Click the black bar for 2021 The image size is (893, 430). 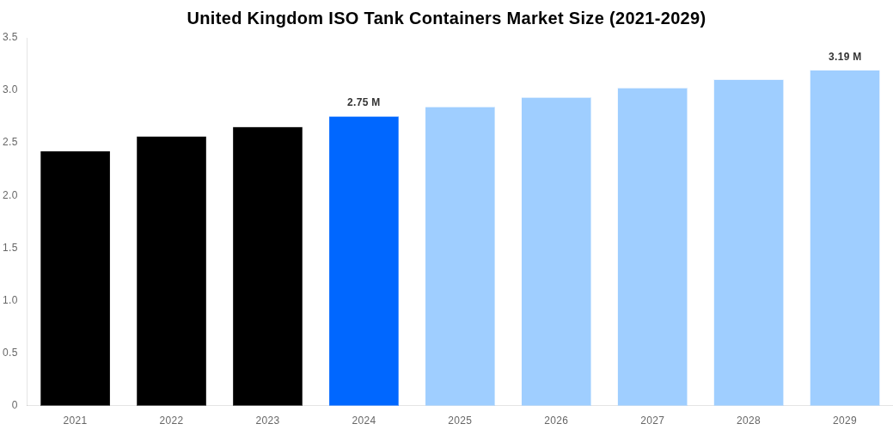pos(75,278)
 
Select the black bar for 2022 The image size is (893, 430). pos(171,271)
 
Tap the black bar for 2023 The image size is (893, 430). pos(267,266)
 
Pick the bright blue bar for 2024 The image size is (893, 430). pos(364,261)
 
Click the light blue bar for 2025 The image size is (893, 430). pos(460,256)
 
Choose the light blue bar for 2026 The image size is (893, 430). pos(556,251)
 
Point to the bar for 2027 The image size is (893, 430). pos(652,247)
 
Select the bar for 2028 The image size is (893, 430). pos(749,243)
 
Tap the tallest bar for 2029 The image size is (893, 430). pos(845,237)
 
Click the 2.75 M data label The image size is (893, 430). pos(364,102)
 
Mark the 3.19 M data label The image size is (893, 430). pos(845,57)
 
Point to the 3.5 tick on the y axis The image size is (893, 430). pos(10,37)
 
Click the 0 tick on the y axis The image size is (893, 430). pos(15,405)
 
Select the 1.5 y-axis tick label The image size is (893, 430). pos(10,248)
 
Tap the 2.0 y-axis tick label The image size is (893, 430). pos(10,195)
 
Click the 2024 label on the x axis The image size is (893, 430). pos(364,421)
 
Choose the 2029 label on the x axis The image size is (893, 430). pos(845,421)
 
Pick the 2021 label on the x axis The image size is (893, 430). pos(75,421)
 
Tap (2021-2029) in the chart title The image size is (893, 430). pos(658,18)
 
